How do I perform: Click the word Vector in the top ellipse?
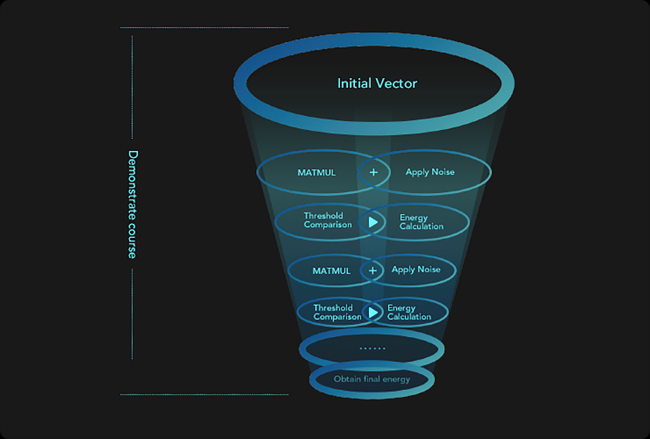click(397, 83)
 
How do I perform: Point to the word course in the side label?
click(133, 238)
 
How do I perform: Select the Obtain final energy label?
click(372, 379)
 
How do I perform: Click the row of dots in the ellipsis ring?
click(372, 349)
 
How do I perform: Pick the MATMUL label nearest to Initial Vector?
click(316, 172)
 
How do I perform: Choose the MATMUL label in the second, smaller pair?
click(331, 270)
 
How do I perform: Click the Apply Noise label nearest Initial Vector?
click(430, 172)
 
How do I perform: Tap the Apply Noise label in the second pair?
click(415, 270)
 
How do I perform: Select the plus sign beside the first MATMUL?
click(373, 172)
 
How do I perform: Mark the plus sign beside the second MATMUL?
click(372, 270)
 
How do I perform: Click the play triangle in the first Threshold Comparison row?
click(373, 221)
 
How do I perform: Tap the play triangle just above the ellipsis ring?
click(373, 312)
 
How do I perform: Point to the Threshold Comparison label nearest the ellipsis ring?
click(333, 312)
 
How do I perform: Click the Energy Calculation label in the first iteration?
click(421, 221)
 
